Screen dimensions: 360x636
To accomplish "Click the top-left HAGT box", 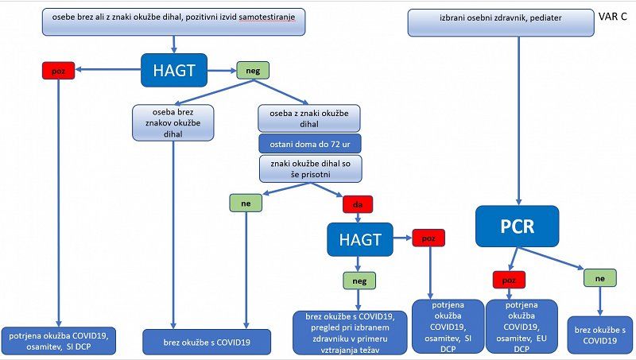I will click(174, 71).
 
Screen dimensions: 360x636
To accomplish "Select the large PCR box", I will click(518, 226).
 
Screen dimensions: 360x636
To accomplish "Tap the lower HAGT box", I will click(360, 238).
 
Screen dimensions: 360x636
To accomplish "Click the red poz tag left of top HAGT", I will click(57, 71).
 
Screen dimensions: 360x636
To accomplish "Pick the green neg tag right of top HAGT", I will click(251, 71).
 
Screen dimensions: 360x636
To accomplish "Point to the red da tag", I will click(358, 204).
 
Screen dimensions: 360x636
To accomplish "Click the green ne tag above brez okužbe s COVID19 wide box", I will click(246, 203).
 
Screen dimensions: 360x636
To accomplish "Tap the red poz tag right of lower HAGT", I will click(429, 238).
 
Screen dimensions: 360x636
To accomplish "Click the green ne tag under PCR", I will click(600, 277).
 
